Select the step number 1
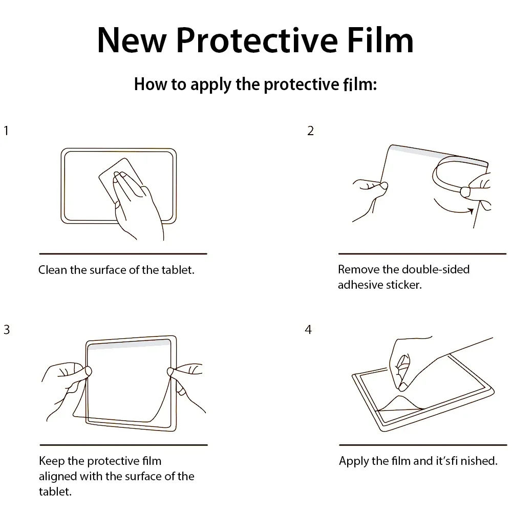click(x=6, y=131)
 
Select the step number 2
click(x=310, y=131)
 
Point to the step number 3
click(x=7, y=330)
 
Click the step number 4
click(x=308, y=330)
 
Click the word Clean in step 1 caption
click(x=53, y=270)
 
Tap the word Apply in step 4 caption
click(x=354, y=461)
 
